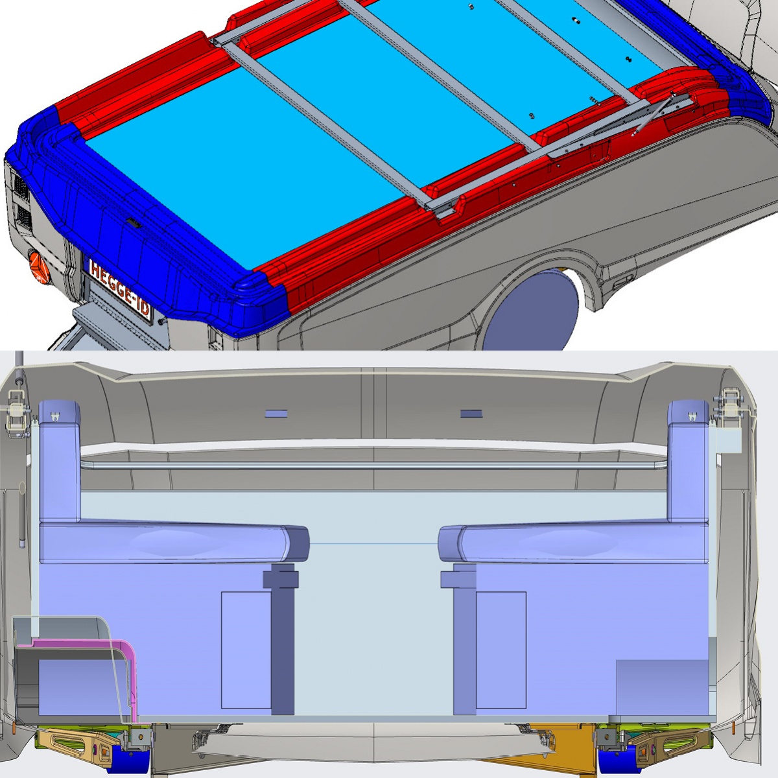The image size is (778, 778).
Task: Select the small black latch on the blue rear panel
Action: (x=133, y=222)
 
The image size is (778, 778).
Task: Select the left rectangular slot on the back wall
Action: (x=276, y=414)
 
